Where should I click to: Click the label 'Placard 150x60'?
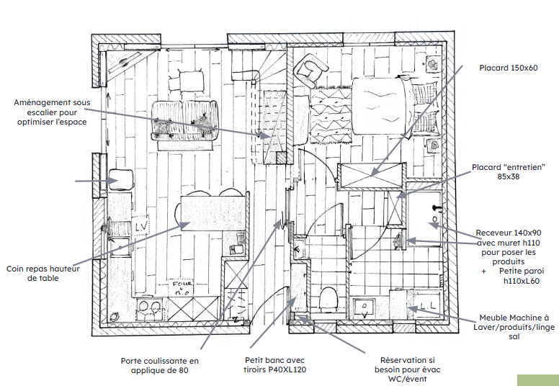pos(509,68)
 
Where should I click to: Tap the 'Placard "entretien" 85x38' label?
pos(508,171)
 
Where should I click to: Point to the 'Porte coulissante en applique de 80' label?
pos(160,366)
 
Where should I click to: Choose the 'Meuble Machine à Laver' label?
pos(514,322)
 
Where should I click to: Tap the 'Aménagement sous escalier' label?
pos(52,112)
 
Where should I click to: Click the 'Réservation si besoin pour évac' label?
pos(408,365)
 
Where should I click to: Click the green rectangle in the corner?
pos(537,380)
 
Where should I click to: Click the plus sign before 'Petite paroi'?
pos(484,271)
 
